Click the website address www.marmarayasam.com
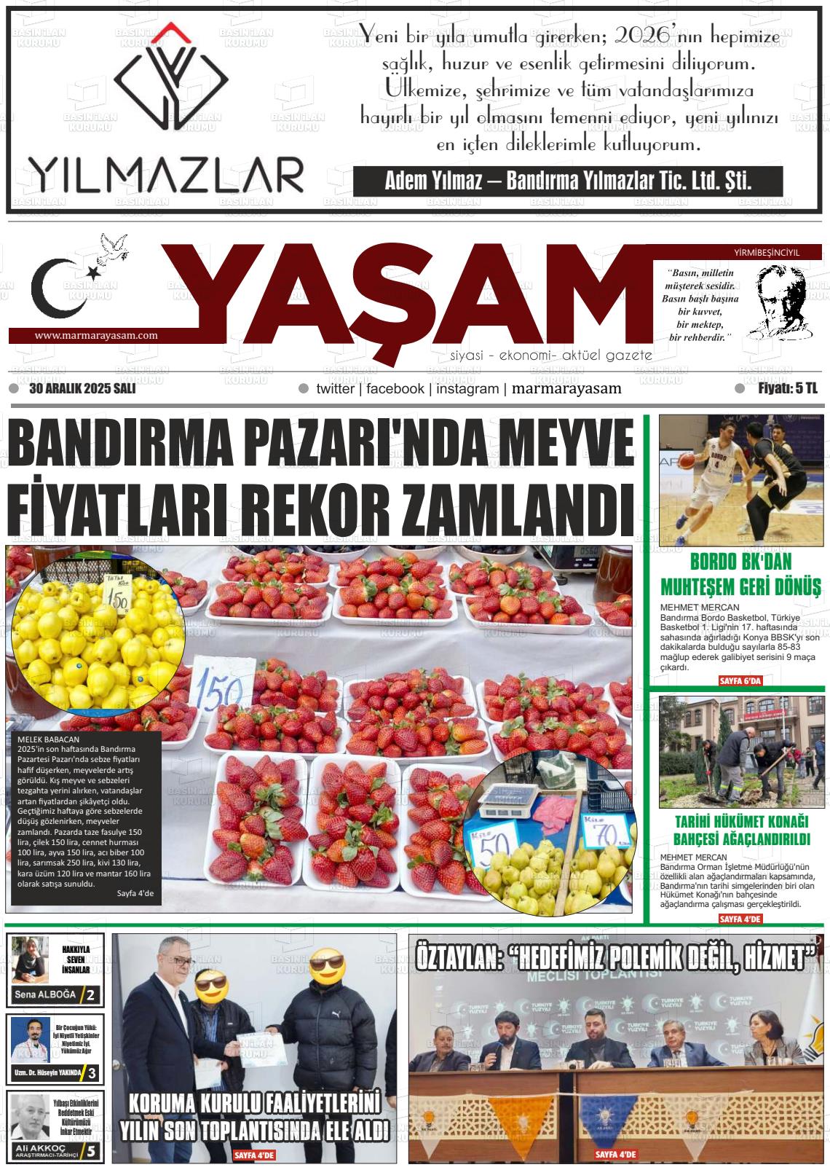point(96,336)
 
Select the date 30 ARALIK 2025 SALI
point(82,389)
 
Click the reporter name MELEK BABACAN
point(47,739)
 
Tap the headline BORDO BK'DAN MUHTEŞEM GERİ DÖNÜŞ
point(740,574)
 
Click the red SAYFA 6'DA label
point(739,680)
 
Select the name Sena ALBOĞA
point(44,995)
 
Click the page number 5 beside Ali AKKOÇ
point(91,1152)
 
